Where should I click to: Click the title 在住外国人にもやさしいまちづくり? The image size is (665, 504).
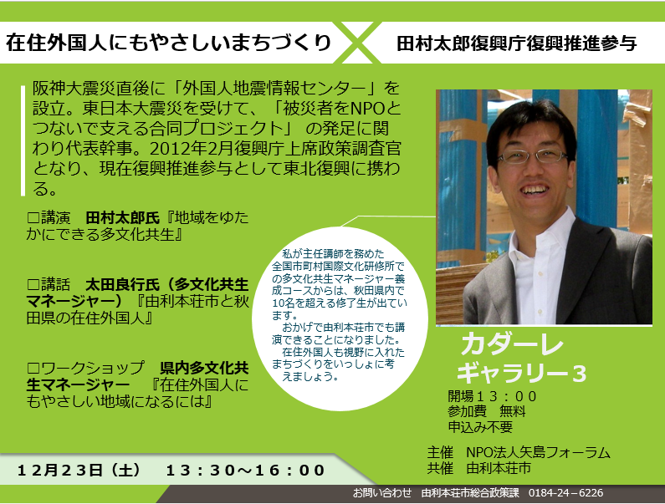coord(168,43)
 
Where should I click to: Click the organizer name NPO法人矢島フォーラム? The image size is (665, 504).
coord(538,452)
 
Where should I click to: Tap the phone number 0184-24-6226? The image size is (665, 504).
coord(565,493)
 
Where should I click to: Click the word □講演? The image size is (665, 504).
coord(47,217)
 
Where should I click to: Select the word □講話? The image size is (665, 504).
coord(47,283)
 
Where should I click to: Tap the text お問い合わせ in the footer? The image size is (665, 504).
coord(382,493)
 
